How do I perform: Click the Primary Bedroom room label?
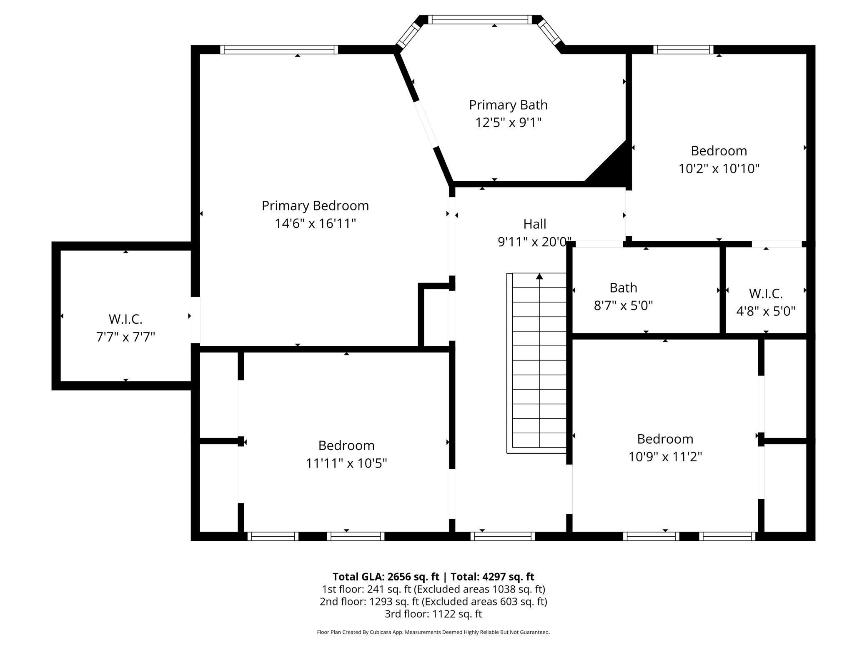[x=315, y=206]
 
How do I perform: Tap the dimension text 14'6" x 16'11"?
[x=315, y=224]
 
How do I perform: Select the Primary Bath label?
[x=508, y=105]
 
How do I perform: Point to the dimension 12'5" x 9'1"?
[x=508, y=123]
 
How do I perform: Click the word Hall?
[x=535, y=224]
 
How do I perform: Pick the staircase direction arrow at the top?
[x=539, y=276]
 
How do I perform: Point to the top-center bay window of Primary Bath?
[x=480, y=20]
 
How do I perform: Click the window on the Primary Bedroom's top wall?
[x=279, y=50]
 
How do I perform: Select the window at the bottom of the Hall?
[x=503, y=536]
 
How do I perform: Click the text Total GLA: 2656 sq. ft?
[x=386, y=577]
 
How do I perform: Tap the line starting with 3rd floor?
[x=433, y=614]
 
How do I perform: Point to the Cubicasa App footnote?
[x=433, y=632]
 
